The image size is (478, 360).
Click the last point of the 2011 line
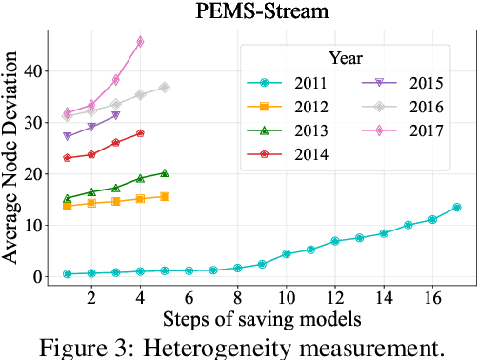pos(456,207)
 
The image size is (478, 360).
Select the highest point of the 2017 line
pos(140,42)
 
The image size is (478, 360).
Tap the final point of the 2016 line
pos(165,87)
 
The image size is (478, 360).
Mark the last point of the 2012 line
pos(165,196)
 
